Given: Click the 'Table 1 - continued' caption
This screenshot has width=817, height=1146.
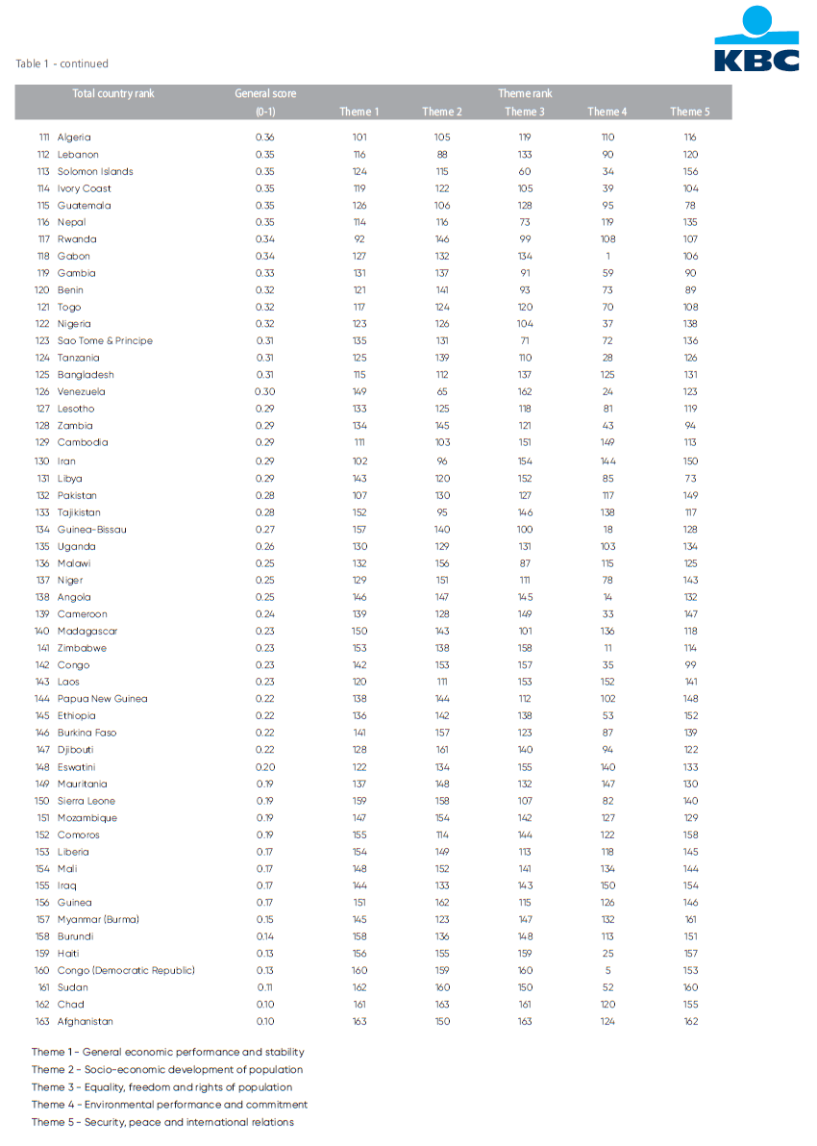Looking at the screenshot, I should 62,63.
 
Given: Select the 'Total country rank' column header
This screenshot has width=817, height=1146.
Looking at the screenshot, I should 113,93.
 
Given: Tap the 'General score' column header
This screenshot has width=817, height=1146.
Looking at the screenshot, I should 265,93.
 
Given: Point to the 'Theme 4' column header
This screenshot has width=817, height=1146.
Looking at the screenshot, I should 607,112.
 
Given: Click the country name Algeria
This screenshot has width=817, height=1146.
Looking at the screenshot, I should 74,137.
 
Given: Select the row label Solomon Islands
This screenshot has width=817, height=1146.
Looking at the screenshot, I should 95,171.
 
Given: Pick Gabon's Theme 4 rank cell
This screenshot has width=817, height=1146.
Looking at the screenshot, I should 607,256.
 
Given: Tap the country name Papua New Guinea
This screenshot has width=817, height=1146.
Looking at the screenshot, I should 102,699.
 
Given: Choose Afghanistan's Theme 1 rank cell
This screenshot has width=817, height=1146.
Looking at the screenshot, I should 359,1021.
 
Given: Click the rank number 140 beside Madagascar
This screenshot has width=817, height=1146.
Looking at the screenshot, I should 42,631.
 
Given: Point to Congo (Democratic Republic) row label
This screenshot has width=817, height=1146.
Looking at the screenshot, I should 126,970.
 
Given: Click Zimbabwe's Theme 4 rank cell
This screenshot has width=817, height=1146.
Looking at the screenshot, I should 607,648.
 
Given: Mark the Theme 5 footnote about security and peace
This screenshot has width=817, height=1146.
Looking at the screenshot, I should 162,1122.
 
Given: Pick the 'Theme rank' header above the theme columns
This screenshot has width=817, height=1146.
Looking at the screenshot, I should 525,93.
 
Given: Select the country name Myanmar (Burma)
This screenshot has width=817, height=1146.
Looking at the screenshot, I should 98,919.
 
